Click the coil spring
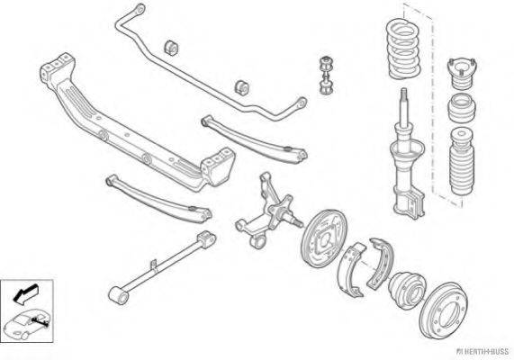point(404,49)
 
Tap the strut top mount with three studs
point(462,74)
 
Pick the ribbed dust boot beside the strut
point(462,161)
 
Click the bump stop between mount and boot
point(462,108)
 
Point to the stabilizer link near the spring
point(327,76)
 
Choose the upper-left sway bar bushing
point(171,48)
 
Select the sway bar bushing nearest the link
point(242,87)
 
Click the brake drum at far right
point(444,310)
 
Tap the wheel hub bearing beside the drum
point(407,291)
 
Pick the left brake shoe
point(351,269)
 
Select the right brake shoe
point(380,262)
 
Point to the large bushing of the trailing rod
point(118,294)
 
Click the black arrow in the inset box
point(25,293)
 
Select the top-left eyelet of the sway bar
point(140,9)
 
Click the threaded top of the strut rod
point(404,93)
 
